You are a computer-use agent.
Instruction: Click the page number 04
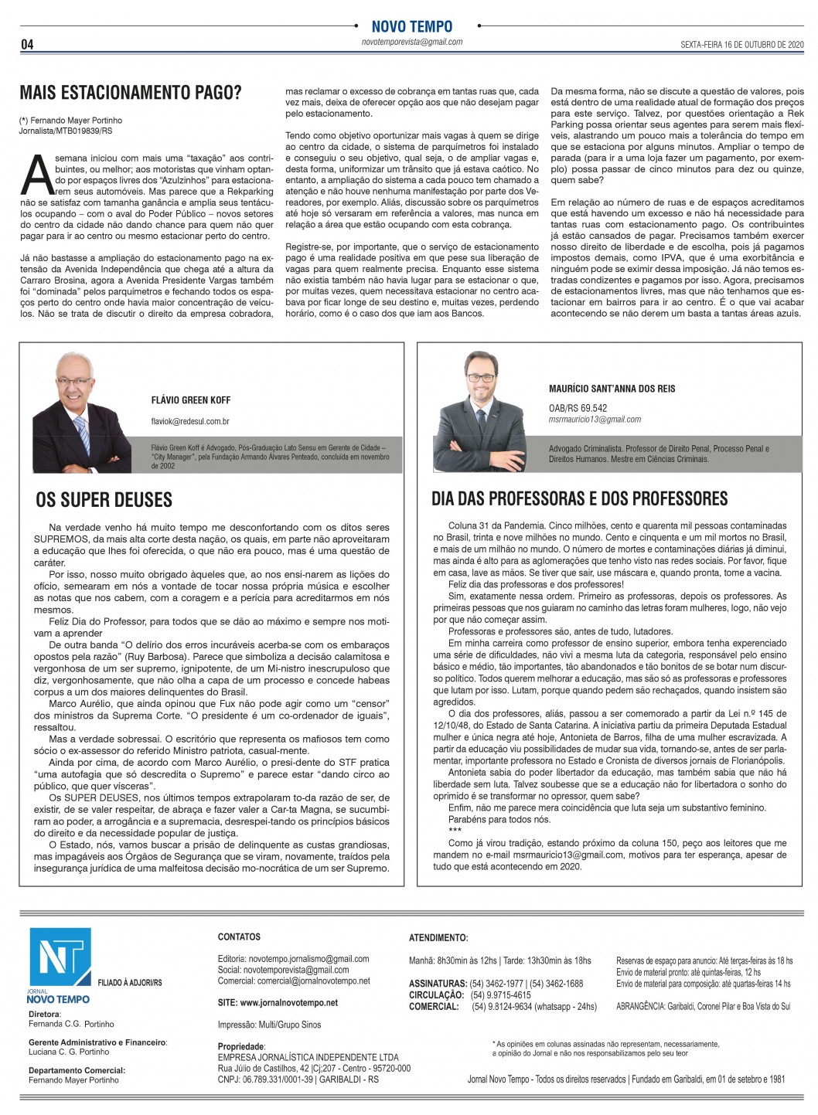pyautogui.click(x=27, y=45)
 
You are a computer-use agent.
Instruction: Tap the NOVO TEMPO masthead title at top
pyautogui.click(x=411, y=26)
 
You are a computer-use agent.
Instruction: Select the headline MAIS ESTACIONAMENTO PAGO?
pyautogui.click(x=131, y=93)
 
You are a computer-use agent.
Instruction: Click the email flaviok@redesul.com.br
pyautogui.click(x=190, y=422)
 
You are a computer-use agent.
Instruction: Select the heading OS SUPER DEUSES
pyautogui.click(x=104, y=500)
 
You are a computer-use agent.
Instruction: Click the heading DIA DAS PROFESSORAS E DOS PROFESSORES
pyautogui.click(x=579, y=499)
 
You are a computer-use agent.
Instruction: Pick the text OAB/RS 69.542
pyautogui.click(x=578, y=408)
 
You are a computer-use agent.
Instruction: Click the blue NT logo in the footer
pyautogui.click(x=60, y=958)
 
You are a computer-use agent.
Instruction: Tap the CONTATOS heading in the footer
pyautogui.click(x=239, y=937)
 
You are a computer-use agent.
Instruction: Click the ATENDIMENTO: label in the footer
pyautogui.click(x=438, y=938)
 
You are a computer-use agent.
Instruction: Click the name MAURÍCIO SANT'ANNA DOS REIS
pyautogui.click(x=612, y=389)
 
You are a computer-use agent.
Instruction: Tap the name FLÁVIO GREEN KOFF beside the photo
pyautogui.click(x=190, y=400)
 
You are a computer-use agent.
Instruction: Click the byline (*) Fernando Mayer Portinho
pyautogui.click(x=70, y=121)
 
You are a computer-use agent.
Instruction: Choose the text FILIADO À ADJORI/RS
pyautogui.click(x=130, y=983)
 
